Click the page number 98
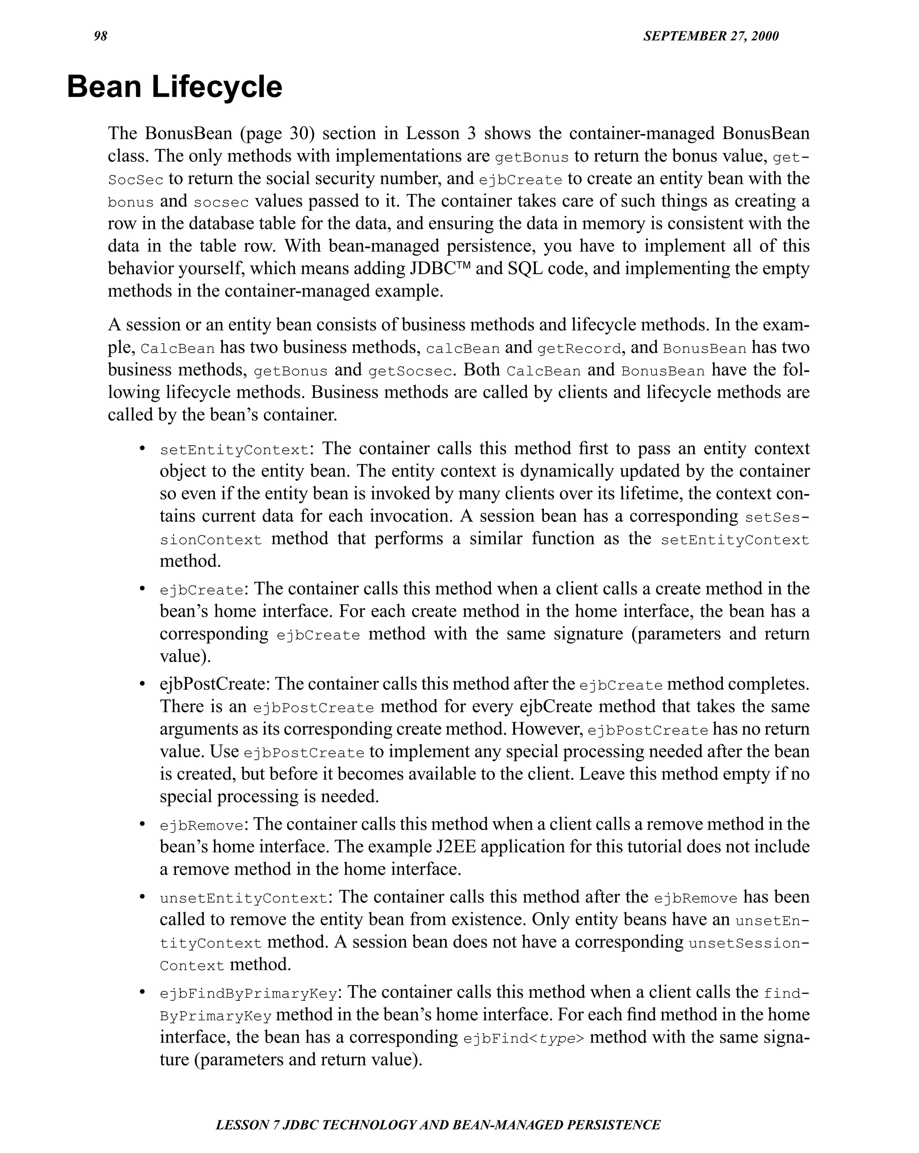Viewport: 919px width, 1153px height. (101, 36)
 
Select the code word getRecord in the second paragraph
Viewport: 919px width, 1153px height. (579, 349)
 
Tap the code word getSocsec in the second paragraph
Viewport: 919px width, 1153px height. (405, 372)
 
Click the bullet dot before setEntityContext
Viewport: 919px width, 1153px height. (142, 448)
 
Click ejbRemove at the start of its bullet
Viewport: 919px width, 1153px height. (201, 826)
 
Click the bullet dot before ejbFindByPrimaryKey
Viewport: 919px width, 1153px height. (142, 992)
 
